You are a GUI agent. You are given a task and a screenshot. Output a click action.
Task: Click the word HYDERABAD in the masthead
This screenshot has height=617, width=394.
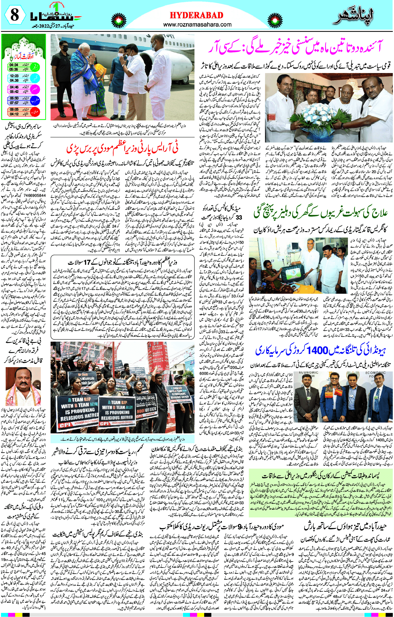196,15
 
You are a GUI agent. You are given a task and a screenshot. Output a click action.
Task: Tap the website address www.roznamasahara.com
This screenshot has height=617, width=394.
197,25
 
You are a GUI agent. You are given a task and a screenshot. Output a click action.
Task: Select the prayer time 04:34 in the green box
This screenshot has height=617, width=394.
14,65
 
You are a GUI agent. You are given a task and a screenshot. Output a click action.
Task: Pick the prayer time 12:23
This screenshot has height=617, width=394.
14,76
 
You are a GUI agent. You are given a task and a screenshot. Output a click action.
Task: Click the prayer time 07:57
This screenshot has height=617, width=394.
14,103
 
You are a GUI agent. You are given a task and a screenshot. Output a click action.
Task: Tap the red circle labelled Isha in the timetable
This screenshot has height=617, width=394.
36,111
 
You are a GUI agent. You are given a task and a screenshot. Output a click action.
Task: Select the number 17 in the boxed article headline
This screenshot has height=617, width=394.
88,262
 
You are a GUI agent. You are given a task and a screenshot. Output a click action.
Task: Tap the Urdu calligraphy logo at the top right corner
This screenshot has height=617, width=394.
354,17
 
